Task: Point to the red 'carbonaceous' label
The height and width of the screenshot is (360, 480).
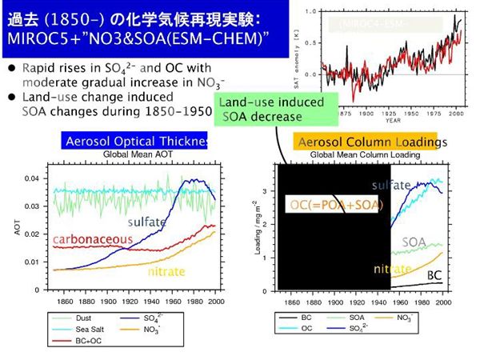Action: point(90,238)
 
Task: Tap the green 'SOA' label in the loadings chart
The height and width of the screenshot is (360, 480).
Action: point(413,241)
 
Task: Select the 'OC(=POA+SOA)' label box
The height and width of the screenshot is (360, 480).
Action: point(336,206)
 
